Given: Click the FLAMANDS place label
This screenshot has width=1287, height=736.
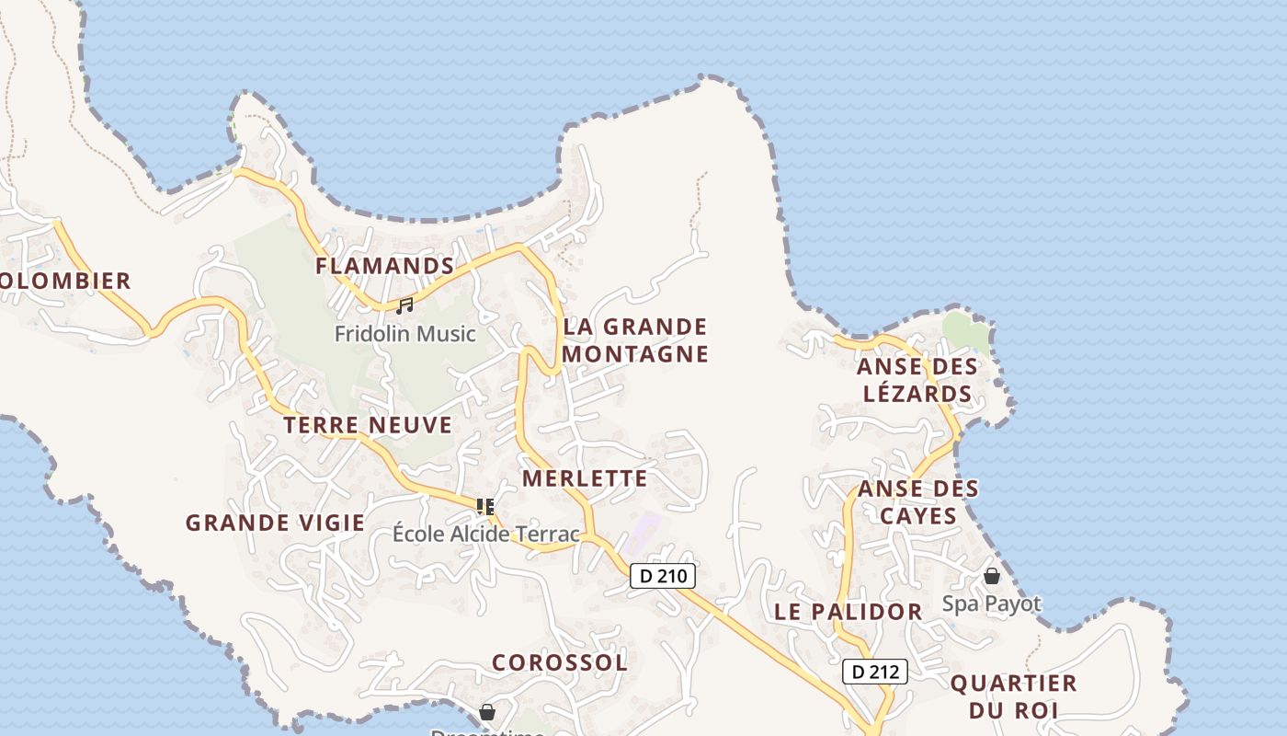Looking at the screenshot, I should (x=384, y=267).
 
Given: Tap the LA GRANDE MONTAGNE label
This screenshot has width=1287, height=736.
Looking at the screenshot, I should (x=635, y=340).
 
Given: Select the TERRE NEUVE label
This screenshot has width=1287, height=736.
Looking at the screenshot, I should (x=368, y=425).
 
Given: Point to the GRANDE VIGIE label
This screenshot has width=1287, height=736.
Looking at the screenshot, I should (x=275, y=523).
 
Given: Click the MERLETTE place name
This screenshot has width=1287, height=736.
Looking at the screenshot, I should (x=585, y=478).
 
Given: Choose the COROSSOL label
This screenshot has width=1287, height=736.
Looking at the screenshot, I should (x=560, y=663).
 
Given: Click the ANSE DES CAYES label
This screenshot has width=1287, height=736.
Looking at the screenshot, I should (x=918, y=501).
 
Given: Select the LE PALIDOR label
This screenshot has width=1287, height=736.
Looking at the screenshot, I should (x=848, y=612).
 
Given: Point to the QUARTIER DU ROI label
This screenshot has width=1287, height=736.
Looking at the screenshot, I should (x=1013, y=696).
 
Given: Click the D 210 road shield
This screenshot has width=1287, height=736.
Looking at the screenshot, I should (x=663, y=577).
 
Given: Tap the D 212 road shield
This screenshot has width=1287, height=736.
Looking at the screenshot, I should (x=875, y=672).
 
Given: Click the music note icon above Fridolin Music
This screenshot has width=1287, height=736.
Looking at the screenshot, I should (x=404, y=305).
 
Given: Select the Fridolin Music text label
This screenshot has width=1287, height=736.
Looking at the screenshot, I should (x=404, y=333).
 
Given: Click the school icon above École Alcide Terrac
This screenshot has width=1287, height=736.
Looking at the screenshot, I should (x=485, y=506).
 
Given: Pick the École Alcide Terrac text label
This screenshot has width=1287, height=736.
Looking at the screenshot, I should (x=485, y=534).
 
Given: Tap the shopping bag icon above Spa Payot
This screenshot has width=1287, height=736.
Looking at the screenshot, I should (x=991, y=577).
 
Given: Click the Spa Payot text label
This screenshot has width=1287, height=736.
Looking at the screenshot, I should (x=991, y=604).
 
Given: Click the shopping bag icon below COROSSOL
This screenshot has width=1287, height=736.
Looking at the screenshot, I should (x=487, y=712).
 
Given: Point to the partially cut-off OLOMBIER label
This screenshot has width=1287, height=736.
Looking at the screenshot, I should (x=65, y=282).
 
